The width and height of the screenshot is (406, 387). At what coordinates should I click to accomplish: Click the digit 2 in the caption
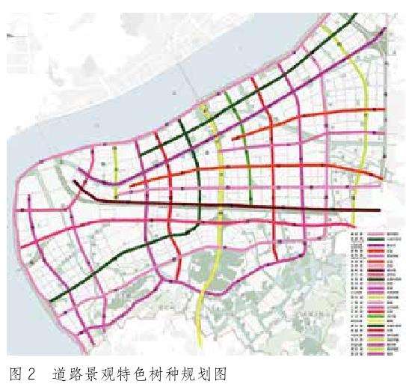(x=32, y=373)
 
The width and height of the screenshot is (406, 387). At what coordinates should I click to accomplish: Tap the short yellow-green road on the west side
(x=116, y=161)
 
